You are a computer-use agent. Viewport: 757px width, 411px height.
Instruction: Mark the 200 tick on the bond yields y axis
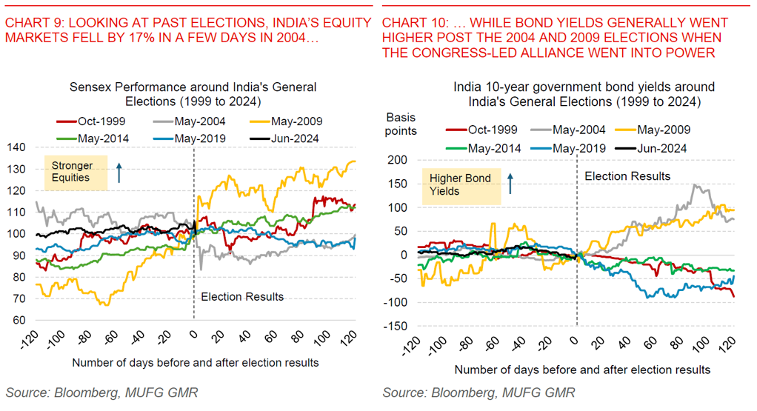pos(399,160)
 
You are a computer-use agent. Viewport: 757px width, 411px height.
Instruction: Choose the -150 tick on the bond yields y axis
pos(397,326)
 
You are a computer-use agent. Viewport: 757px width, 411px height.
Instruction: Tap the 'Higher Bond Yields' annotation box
pos(460,185)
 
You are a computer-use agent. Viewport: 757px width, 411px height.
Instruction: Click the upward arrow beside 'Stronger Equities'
pos(119,173)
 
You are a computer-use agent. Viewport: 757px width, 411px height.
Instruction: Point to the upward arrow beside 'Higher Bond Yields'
pos(510,184)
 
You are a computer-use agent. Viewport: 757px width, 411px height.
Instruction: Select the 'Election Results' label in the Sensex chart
pos(242,296)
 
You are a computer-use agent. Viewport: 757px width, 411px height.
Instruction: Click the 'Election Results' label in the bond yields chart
pos(627,176)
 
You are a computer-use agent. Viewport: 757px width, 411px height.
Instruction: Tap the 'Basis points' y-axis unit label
pos(402,124)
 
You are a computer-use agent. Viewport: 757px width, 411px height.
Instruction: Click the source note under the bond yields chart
pos(478,392)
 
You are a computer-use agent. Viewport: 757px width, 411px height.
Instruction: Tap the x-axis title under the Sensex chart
pos(196,362)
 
